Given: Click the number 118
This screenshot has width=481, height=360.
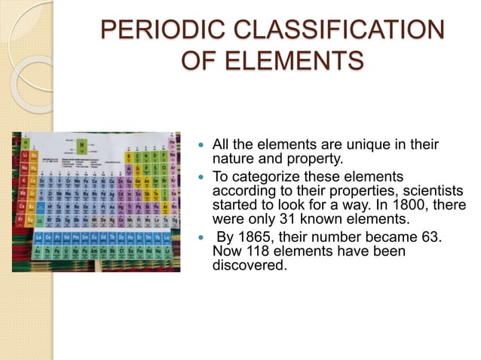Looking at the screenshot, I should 255,252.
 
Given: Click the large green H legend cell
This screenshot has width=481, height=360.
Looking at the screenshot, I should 81,143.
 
